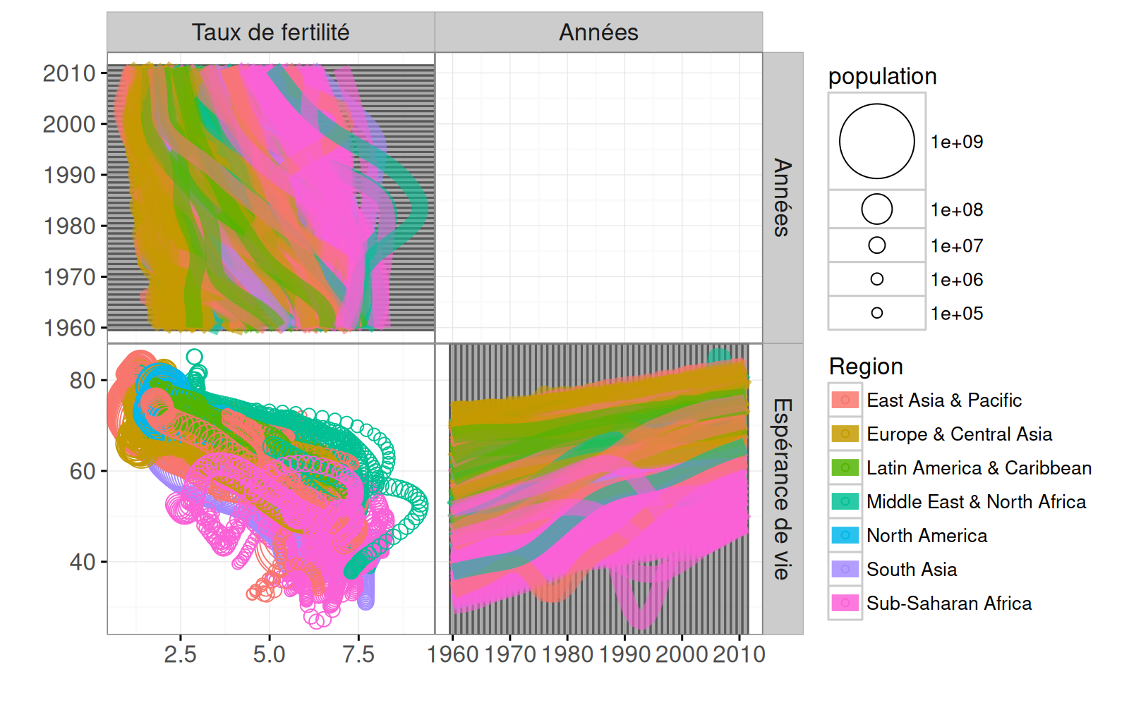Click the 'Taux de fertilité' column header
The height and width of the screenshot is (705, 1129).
(270, 32)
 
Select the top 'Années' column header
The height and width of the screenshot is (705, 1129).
(598, 32)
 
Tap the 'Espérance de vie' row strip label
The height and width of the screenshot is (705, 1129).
(783, 489)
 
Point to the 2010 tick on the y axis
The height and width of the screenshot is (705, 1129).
(69, 73)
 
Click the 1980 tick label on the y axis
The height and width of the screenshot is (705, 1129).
(69, 226)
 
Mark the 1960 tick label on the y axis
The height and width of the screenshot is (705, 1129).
(69, 329)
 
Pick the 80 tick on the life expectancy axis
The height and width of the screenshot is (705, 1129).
(82, 381)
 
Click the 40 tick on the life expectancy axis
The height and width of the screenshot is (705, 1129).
(82, 563)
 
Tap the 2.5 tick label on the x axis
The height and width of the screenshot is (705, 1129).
(180, 655)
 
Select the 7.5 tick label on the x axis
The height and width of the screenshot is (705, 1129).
(358, 655)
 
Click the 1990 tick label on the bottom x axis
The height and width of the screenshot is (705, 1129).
(624, 655)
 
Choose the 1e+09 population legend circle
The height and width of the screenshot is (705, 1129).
(876, 141)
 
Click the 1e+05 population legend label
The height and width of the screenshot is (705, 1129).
(957, 314)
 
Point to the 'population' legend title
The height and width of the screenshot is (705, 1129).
(882, 76)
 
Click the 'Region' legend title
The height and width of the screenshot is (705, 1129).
(866, 367)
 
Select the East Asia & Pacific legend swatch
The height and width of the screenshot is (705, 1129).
(845, 400)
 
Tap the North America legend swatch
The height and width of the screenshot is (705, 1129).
(845, 536)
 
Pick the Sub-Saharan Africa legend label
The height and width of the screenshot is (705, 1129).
(949, 603)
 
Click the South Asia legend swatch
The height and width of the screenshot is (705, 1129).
(845, 570)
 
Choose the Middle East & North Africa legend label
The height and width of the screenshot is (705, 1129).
(976, 502)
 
